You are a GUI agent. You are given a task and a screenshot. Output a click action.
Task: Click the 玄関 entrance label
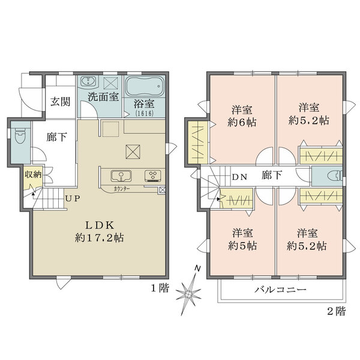(61, 101)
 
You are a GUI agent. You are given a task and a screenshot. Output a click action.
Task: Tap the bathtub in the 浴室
(145, 86)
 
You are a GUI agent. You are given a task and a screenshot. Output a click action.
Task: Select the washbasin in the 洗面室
(88, 82)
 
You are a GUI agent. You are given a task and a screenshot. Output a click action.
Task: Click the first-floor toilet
(20, 136)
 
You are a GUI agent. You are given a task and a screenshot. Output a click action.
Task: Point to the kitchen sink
(121, 176)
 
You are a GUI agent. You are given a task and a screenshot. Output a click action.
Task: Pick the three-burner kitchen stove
(153, 176)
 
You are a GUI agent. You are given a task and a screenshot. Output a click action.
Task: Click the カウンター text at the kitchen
(122, 189)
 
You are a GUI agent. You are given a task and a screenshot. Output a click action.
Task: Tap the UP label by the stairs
(73, 199)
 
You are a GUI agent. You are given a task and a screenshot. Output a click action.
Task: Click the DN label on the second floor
(239, 177)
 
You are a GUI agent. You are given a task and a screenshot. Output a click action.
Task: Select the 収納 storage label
(33, 175)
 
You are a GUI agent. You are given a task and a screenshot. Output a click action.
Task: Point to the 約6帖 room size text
(242, 122)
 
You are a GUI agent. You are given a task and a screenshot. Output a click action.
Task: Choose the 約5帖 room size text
(242, 246)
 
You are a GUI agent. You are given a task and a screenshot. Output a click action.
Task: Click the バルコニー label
(281, 289)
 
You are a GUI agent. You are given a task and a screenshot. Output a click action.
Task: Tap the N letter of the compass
(197, 268)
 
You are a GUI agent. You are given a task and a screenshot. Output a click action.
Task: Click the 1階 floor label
(160, 288)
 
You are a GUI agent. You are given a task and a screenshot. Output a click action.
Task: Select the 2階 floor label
(337, 311)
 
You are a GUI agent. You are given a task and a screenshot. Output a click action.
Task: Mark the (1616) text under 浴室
(145, 113)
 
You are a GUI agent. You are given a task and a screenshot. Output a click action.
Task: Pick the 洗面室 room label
(103, 97)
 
